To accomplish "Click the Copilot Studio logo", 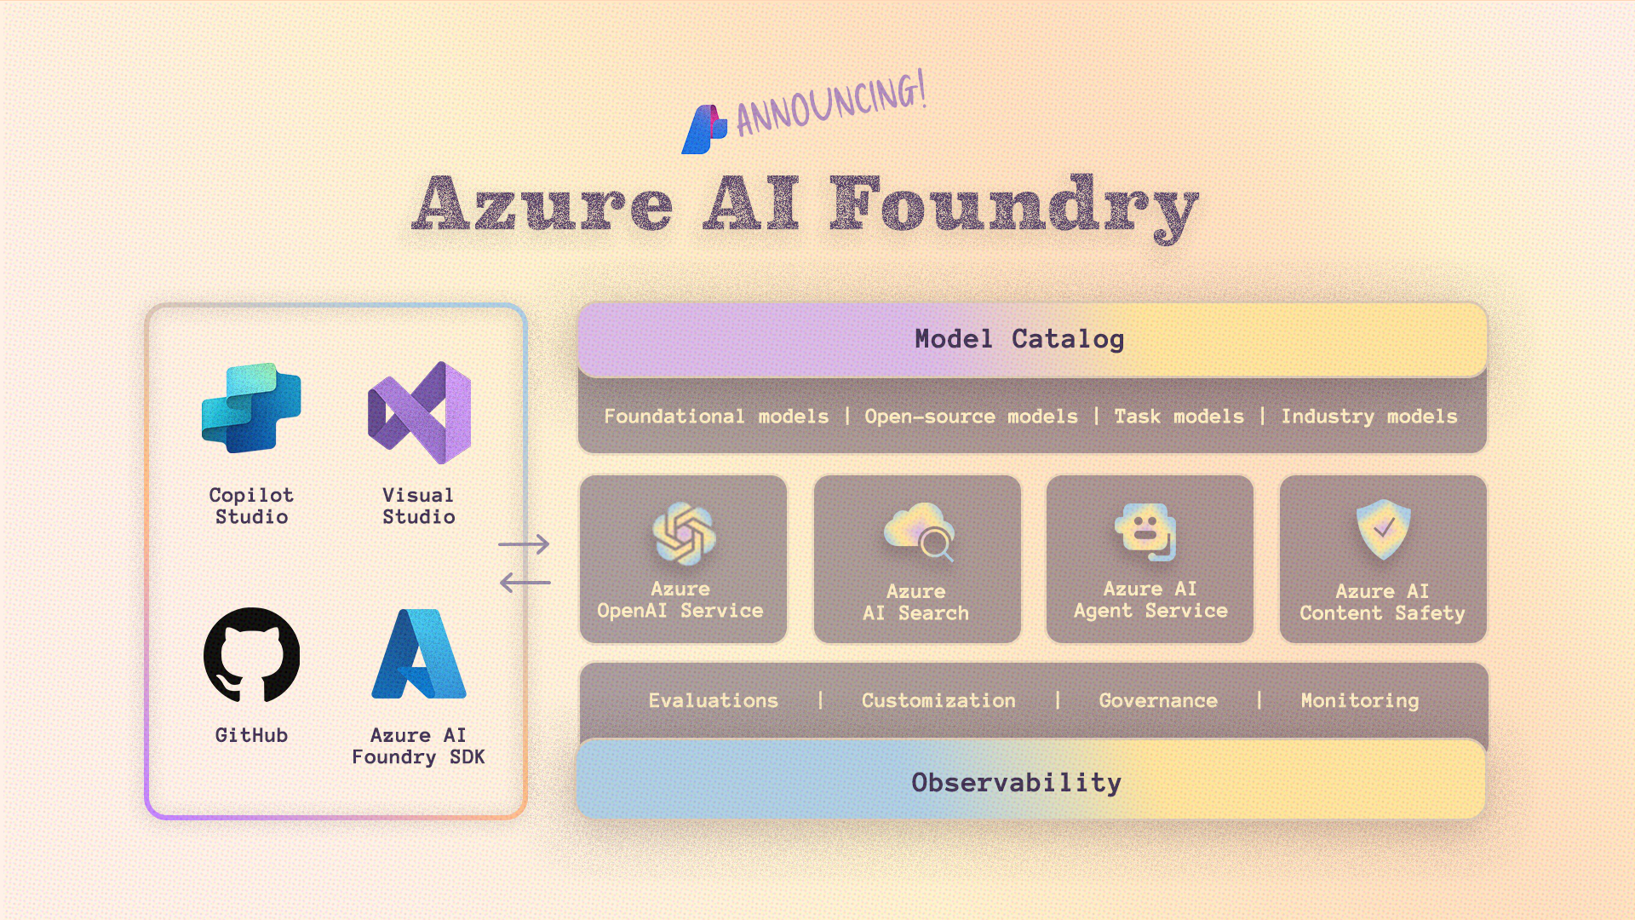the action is (251, 408).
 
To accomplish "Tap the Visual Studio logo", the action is (419, 412).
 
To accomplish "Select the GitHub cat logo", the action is (251, 654).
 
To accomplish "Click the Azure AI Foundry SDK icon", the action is (419, 653).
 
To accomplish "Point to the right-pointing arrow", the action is (524, 543).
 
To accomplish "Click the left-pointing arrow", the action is (525, 583).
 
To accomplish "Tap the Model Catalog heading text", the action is (1019, 339).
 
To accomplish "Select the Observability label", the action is (1016, 782).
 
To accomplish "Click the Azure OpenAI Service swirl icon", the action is (683, 533).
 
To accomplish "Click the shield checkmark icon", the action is (1383, 529).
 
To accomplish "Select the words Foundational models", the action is (716, 417).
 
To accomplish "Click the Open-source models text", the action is (971, 417).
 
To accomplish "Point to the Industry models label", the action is (1369, 417).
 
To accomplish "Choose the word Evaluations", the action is (714, 700).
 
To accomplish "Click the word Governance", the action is (1158, 700).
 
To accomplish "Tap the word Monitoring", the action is (1360, 700).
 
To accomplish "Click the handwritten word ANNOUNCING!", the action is (831, 106).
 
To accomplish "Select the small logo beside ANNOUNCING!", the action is (704, 129).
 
